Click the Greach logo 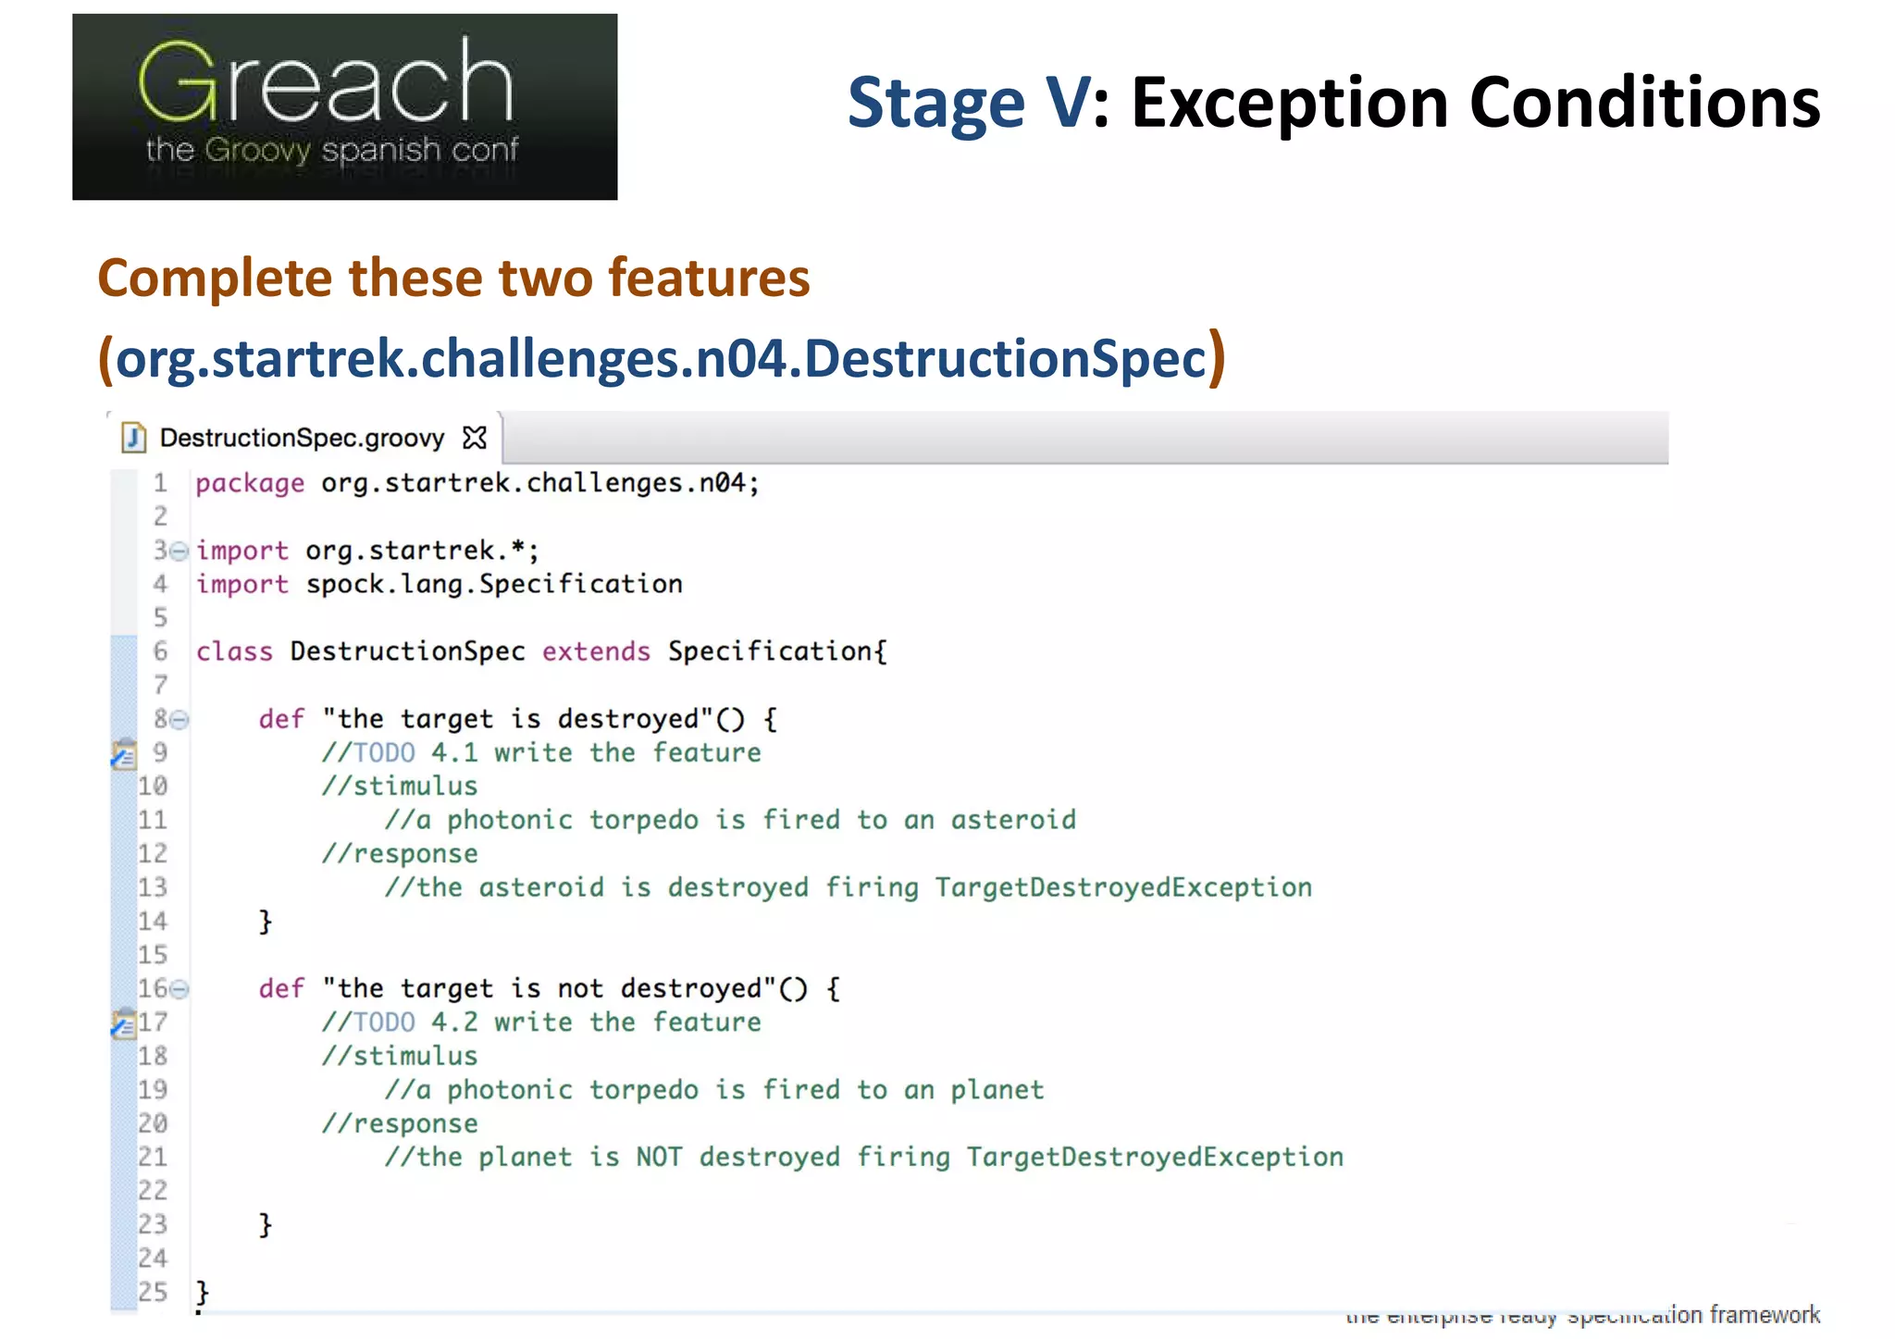click(344, 106)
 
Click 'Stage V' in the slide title click(968, 103)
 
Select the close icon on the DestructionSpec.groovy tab click(475, 438)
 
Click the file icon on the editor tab click(134, 437)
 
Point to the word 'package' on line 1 click(250, 483)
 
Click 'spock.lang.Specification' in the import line click(494, 584)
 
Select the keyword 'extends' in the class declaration click(596, 651)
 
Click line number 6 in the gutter click(160, 651)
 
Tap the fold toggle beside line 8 click(180, 719)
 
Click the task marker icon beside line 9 click(123, 754)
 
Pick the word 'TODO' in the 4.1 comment click(384, 752)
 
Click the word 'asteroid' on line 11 click(1013, 820)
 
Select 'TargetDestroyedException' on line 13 click(1122, 887)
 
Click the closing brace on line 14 click(266, 921)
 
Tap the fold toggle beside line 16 click(180, 989)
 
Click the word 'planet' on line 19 click(997, 1090)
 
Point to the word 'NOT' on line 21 click(658, 1157)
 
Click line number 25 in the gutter click(153, 1292)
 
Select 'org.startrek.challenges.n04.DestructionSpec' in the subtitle click(662, 358)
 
